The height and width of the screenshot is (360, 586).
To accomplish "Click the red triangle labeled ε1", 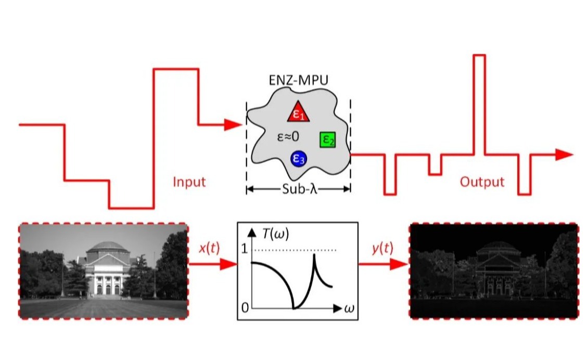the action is [299, 112].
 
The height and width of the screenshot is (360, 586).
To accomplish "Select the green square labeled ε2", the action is [328, 139].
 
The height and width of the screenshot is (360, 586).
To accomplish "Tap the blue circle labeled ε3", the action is [299, 159].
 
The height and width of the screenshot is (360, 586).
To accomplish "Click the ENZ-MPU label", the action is [299, 80].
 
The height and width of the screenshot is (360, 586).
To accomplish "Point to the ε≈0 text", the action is [288, 137].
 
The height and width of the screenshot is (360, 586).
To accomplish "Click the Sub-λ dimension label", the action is [299, 189].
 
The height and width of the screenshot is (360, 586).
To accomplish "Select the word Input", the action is [189, 182].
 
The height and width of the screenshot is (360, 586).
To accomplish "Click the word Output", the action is [482, 182].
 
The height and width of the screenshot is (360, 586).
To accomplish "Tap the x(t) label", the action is [209, 248].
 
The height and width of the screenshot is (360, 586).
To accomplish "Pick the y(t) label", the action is [383, 248].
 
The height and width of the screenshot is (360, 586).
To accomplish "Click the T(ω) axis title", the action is [275, 234].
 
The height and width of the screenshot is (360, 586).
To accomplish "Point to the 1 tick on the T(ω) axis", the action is [245, 249].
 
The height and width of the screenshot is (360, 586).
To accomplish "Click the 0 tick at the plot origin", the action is [245, 308].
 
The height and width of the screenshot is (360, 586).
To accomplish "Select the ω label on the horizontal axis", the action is [349, 309].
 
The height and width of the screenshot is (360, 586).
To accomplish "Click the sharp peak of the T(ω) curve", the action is [314, 255].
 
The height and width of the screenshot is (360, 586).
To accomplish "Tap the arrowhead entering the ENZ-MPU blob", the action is [233, 125].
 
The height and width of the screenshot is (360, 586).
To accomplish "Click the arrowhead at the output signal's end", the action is [564, 155].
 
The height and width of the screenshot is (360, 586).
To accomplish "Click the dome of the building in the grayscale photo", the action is [108, 247].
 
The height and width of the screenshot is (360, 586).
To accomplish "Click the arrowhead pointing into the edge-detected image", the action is [399, 264].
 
